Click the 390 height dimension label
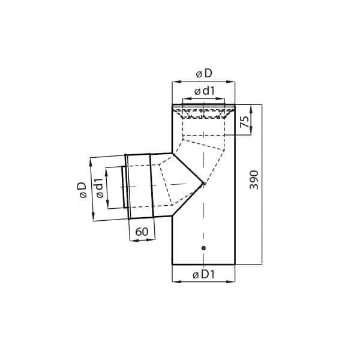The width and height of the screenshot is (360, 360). tap(254, 180)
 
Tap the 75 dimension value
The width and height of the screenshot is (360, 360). tap(245, 122)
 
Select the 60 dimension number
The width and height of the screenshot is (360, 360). tap(142, 232)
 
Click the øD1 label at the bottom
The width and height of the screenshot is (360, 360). tap(203, 274)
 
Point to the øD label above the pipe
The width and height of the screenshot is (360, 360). tap(204, 74)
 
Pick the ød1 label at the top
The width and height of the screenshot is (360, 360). tap(205, 91)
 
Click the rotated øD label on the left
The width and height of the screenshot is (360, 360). tap(82, 190)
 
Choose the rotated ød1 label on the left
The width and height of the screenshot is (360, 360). tap(100, 188)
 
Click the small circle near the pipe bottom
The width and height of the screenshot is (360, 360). tap(203, 248)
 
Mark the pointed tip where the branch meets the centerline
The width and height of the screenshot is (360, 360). tap(204, 183)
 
